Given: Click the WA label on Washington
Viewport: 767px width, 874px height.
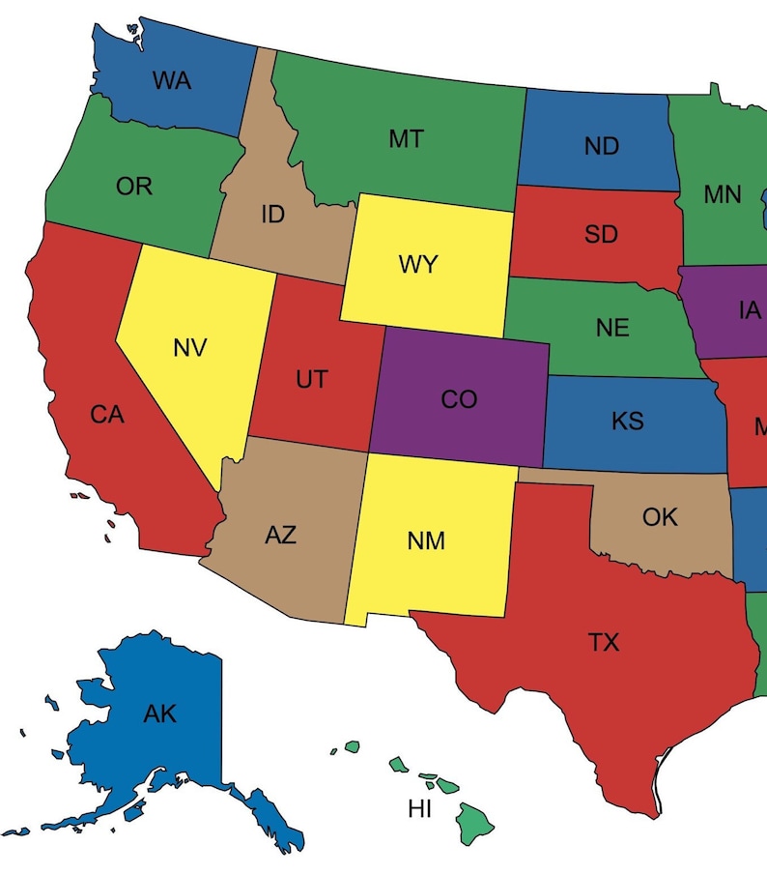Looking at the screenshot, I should coord(171,81).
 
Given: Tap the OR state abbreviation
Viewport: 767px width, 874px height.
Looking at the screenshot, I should coord(134,186).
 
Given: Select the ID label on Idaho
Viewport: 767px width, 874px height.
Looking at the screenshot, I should coord(273,215).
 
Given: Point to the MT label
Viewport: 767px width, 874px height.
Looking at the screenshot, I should coord(406,139).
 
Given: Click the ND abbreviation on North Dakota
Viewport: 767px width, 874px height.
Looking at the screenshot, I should coord(601,147).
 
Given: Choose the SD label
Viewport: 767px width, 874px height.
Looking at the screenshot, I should coord(601,234).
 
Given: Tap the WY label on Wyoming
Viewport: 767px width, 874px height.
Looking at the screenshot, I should coord(418,265).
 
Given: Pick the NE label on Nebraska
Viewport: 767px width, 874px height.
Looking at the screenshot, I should coord(612,328).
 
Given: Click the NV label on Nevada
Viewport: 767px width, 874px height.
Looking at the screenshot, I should coord(190,348).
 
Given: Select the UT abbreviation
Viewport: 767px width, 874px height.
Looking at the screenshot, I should coord(311,380).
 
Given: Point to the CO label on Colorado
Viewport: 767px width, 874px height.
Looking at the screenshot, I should coord(459,399).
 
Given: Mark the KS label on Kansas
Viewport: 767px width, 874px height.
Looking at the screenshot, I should coord(627,422).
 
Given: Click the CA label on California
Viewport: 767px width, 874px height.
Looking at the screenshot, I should coord(107,415).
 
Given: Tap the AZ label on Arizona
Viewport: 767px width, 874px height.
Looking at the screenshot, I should coord(280,535).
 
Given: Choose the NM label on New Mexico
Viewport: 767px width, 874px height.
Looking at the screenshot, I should coord(426,540).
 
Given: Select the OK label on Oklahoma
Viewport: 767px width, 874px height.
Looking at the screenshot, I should coord(660,517).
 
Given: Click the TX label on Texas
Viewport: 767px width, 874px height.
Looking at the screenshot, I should coord(604,641).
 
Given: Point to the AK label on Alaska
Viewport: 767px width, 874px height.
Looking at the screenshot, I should coord(159,714).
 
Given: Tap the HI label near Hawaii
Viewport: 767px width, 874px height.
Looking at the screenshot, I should coord(419,809).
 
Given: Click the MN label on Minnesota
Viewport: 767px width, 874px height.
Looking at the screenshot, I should coord(722,194).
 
